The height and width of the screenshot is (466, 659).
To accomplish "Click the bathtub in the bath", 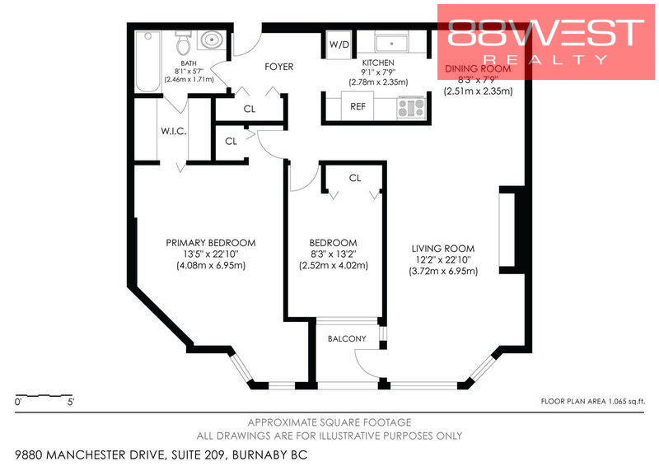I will coord(148,60).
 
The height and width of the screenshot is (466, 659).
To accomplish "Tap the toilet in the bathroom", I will coord(184,40).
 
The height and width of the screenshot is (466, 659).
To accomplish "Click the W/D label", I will coord(339,44).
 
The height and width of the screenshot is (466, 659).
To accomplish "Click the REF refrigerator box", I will coord(358,106).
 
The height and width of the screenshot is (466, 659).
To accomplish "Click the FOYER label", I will coord(278,67).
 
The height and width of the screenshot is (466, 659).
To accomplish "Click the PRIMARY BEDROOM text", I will coord(210,243).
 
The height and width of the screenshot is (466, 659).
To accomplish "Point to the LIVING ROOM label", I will coord(443,248).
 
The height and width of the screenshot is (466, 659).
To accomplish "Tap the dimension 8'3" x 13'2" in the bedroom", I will coord(333,254).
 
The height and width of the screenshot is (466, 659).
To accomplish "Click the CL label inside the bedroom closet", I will coord(355,178).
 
